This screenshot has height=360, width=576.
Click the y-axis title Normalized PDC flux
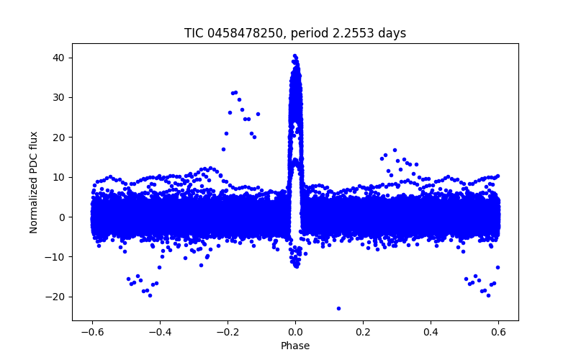[34, 182]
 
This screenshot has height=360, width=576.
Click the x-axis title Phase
[295, 346]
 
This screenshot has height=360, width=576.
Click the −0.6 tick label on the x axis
[91, 332]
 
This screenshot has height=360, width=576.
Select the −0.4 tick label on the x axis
[159, 332]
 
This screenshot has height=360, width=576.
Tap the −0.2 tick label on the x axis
[228, 332]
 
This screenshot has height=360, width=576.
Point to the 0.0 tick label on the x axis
[295, 332]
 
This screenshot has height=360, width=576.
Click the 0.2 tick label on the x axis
[363, 332]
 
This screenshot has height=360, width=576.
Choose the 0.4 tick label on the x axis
[431, 332]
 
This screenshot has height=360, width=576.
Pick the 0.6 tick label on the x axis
[499, 332]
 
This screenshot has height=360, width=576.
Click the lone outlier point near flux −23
[338, 308]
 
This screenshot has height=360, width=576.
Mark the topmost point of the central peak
[294, 55]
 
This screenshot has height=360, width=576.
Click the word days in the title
[392, 33]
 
